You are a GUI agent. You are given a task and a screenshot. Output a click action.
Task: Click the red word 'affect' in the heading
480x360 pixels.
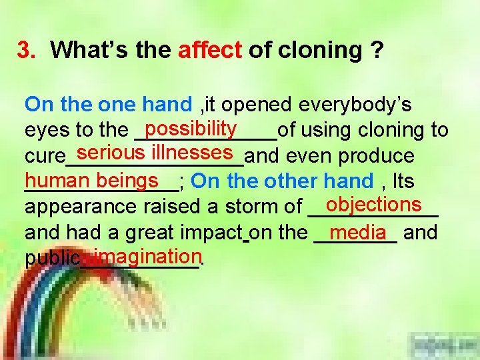(x=209, y=50)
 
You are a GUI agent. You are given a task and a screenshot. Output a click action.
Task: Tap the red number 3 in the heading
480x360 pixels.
(x=25, y=50)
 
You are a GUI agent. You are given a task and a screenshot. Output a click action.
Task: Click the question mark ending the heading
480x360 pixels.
(x=377, y=50)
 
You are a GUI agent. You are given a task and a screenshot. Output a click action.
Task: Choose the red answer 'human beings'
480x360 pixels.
(x=92, y=180)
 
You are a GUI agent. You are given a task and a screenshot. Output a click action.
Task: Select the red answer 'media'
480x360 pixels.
(x=357, y=231)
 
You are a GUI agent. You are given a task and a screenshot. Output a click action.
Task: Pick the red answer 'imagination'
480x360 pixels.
(x=147, y=255)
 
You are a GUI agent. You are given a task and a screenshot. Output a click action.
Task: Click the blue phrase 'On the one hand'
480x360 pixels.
(x=108, y=105)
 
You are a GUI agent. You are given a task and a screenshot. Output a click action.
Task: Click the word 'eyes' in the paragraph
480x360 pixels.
(x=44, y=130)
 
